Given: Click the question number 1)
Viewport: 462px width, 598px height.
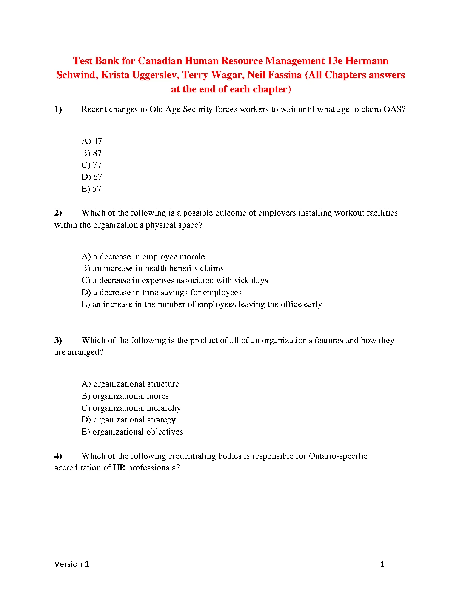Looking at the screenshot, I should pos(58,109).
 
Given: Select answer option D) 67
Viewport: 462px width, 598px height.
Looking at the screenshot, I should pos(92,177).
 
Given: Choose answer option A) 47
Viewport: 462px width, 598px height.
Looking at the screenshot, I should pos(92,141).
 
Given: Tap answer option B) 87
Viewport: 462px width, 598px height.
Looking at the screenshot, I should pos(92,153).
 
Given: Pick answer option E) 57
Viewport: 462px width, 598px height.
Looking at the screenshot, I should pos(91,189).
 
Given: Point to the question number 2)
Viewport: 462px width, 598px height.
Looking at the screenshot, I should pos(58,213).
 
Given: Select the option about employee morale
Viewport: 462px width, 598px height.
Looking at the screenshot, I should pos(143,257).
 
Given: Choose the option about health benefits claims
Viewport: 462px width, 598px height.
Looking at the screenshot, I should pos(152,268).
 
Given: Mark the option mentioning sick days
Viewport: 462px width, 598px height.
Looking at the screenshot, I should pos(174,281).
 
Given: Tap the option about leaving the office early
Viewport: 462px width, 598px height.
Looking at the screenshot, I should pos(202,304).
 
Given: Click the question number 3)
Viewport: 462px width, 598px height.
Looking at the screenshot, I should pos(58,341).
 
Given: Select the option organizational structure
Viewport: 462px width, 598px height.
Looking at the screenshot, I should pos(130,384).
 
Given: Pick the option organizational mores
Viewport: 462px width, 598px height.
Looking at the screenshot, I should pos(125,396).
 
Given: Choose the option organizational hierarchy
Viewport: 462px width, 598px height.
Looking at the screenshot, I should pos(131,408).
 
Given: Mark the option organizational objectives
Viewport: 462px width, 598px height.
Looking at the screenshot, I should pos(132,432).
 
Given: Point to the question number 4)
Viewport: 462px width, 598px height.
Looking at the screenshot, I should pos(58,456).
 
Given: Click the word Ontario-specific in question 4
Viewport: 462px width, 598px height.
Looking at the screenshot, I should pos(338,456).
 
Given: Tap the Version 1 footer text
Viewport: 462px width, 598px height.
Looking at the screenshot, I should pos(72,564).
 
